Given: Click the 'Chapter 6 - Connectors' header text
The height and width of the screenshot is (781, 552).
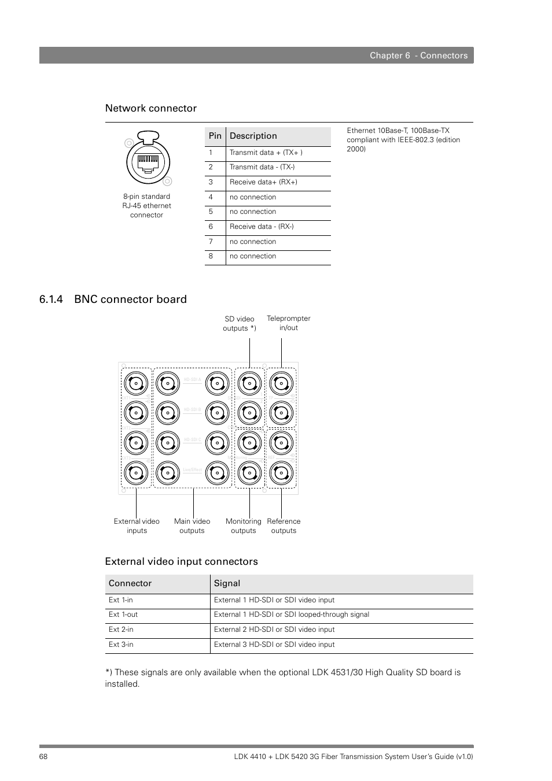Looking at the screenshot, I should (418, 55).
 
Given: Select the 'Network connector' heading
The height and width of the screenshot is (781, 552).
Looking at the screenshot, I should (150, 108).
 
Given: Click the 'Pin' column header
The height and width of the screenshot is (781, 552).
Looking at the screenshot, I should (215, 136).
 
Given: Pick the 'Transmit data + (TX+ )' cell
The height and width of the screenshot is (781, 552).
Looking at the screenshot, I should (266, 153).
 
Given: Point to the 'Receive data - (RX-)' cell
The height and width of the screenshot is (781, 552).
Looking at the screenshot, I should (262, 227).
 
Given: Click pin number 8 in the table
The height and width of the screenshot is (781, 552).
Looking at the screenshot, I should (211, 256).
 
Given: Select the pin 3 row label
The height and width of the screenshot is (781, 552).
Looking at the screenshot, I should (211, 182).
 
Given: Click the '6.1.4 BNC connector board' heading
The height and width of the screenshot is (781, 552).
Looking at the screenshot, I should (113, 299).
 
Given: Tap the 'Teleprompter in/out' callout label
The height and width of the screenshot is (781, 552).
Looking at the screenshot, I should (288, 323).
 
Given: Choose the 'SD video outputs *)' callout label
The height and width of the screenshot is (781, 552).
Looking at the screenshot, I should (239, 323).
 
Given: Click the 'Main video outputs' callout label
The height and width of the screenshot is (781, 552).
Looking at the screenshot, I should (192, 525).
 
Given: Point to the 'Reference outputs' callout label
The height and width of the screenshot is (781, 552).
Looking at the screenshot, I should (284, 525).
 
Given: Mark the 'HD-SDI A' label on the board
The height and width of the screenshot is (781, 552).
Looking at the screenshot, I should (192, 380).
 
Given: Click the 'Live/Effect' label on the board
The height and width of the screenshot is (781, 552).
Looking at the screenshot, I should (192, 470).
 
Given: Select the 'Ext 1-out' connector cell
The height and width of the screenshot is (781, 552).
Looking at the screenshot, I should (123, 615).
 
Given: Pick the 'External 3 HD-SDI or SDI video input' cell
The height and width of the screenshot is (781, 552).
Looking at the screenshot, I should (274, 645).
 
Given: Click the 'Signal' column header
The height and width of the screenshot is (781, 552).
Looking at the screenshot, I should (227, 583).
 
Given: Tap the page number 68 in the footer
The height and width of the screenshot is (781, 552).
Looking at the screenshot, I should (43, 757).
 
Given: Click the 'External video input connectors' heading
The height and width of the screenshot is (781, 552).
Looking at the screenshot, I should (181, 561).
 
